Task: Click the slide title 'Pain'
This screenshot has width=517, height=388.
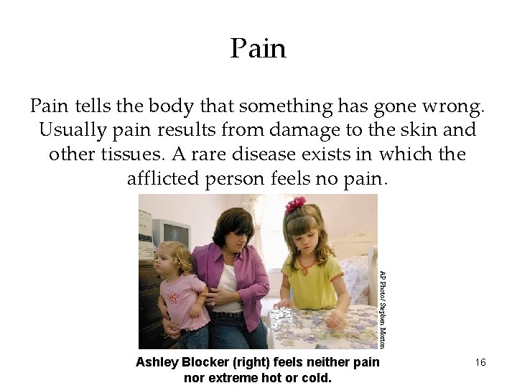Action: [258, 49]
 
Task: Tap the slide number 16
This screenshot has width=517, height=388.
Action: [480, 363]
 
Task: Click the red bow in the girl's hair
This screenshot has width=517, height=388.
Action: [295, 205]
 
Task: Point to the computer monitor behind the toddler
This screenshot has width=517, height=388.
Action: [172, 232]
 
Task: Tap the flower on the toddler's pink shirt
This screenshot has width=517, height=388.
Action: [172, 297]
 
